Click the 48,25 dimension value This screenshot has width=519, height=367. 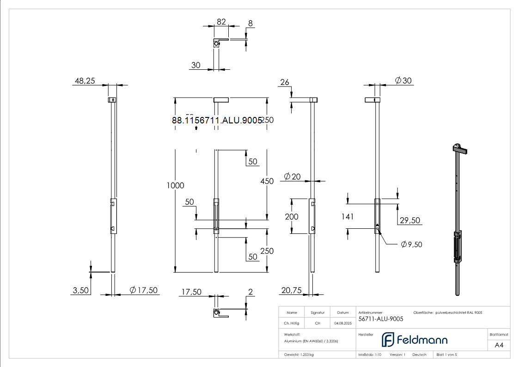click(x=84, y=81)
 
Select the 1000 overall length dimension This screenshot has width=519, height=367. click(x=176, y=185)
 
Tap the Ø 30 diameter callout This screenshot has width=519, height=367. click(x=403, y=80)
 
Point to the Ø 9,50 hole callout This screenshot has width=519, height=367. click(x=411, y=244)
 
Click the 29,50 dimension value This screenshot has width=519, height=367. click(x=409, y=220)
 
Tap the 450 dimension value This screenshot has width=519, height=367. click(x=267, y=181)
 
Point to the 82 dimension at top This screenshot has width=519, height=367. click(x=221, y=22)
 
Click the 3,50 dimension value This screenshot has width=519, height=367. click(x=81, y=290)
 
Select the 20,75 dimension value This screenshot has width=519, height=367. click(x=291, y=290)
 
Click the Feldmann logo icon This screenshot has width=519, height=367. click(x=387, y=340)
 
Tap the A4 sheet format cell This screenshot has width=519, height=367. click(x=499, y=345)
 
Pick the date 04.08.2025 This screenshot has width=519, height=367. click(x=343, y=323)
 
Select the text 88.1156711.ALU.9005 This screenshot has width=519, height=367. click(x=217, y=120)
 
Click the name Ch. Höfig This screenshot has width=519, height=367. click(x=292, y=323)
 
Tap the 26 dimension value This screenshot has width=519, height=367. click(x=285, y=82)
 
